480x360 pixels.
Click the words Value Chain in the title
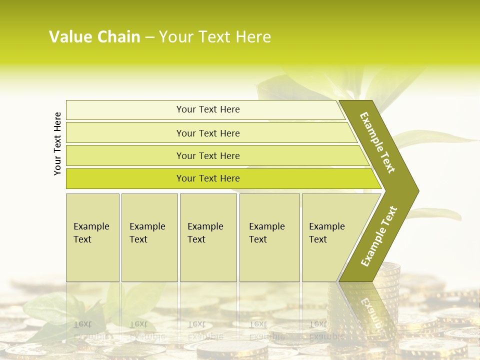(x=94, y=37)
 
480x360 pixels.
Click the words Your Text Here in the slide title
(x=215, y=37)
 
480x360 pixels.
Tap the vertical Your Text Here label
(x=57, y=143)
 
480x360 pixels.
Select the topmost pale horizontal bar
(x=205, y=109)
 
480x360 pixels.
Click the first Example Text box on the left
(x=92, y=237)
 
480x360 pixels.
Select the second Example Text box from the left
(x=149, y=237)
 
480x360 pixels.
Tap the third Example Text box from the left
(x=208, y=237)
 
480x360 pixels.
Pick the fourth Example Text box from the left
(x=269, y=237)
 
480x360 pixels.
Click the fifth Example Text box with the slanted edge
(x=330, y=237)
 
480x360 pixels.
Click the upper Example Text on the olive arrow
(x=377, y=142)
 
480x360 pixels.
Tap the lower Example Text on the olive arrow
(x=378, y=236)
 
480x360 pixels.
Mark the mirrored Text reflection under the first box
(x=83, y=324)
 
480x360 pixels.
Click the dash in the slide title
(x=149, y=37)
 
